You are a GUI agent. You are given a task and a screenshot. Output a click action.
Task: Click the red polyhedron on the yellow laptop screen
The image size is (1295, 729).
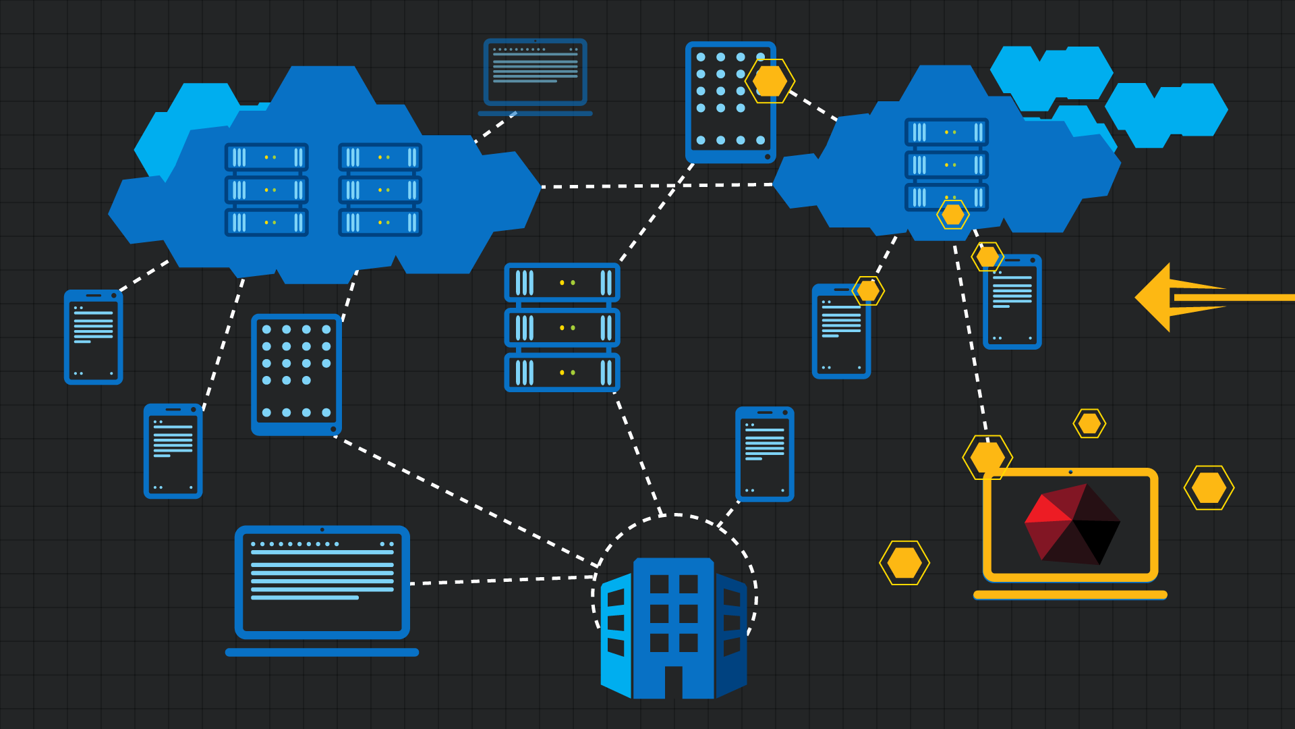(x=1072, y=524)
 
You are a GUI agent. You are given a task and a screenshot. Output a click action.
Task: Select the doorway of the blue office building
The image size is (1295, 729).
(x=673, y=682)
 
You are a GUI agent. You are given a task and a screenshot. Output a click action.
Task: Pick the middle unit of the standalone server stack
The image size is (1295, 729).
(x=562, y=328)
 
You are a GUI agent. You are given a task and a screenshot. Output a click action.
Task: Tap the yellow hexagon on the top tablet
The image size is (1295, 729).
(x=770, y=81)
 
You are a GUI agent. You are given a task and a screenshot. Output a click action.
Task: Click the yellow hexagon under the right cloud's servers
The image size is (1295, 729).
(x=952, y=215)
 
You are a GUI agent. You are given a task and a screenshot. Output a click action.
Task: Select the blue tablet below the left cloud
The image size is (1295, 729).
(x=296, y=374)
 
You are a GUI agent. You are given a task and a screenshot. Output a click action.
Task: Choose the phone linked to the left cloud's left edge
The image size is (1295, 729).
(x=93, y=337)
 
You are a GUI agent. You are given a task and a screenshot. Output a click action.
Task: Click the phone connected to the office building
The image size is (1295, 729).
(x=764, y=454)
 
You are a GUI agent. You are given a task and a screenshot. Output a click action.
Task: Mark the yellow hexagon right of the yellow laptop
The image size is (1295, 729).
(x=1209, y=487)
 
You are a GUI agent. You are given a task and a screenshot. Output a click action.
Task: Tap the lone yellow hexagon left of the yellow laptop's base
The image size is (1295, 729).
(x=904, y=563)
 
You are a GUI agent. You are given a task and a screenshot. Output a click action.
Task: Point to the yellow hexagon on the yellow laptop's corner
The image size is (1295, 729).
(x=987, y=457)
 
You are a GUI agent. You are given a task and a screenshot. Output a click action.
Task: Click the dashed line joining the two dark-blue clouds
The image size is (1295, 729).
(x=658, y=186)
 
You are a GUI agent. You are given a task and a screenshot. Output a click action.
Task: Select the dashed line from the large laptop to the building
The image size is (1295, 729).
(x=502, y=580)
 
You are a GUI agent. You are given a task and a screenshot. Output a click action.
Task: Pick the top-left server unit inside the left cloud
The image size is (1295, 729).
(x=266, y=157)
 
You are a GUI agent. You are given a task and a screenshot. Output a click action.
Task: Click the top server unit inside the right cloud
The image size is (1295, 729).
(x=946, y=132)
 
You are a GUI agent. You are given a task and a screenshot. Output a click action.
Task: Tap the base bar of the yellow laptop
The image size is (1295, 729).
(x=1070, y=595)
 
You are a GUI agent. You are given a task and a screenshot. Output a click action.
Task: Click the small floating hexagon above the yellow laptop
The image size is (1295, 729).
(x=1089, y=424)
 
